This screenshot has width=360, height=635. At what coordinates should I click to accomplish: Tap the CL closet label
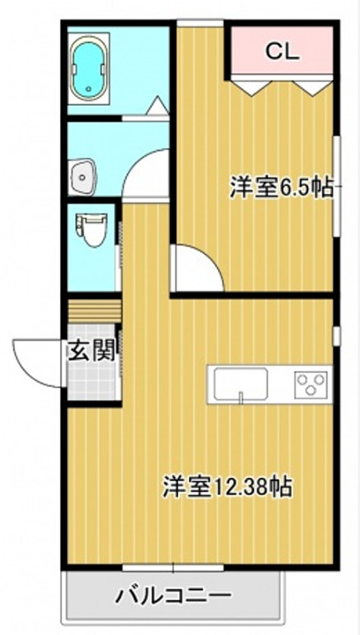click(283, 51)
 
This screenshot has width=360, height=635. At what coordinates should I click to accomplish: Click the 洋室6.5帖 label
click(281, 187)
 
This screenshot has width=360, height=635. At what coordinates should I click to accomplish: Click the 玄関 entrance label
click(92, 351)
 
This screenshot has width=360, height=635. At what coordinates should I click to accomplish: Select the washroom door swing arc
click(146, 172)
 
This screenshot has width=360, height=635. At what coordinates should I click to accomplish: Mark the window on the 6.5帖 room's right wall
click(336, 185)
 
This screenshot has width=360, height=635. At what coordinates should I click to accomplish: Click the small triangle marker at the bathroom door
click(156, 107)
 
